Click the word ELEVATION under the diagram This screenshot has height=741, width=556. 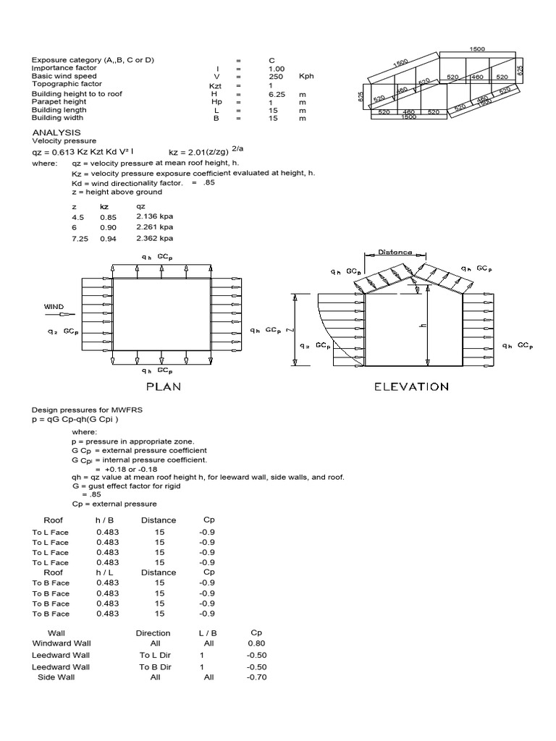click(410, 386)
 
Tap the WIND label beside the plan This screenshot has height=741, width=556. click(55, 307)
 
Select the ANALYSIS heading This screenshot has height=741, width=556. click(56, 132)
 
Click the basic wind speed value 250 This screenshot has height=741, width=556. click(275, 76)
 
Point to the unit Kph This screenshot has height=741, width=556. click(306, 76)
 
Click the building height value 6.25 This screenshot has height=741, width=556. click(276, 94)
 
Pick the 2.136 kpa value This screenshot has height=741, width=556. click(154, 216)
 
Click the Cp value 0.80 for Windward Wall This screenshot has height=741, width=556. click(256, 643)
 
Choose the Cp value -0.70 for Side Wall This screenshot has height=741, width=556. click(256, 678)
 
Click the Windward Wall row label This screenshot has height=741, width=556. click(62, 643)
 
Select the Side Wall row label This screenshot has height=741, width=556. click(56, 678)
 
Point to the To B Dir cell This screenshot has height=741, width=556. click(154, 666)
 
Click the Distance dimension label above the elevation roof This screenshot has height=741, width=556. click(395, 253)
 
